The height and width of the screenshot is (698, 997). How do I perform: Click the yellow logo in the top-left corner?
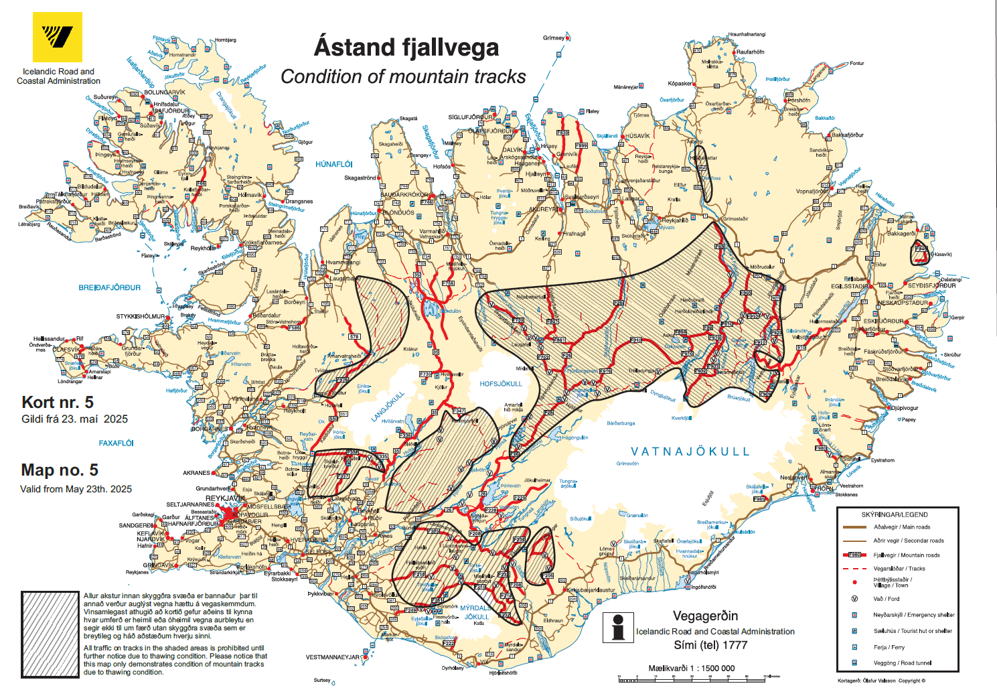(x=58, y=37)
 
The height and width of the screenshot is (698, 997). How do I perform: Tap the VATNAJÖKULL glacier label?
(x=690, y=451)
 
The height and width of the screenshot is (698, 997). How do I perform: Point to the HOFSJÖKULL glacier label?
(x=500, y=384)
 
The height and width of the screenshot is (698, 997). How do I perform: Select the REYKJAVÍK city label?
(x=225, y=498)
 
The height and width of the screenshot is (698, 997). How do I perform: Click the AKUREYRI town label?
(x=543, y=209)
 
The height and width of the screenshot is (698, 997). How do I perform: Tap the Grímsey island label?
(x=554, y=38)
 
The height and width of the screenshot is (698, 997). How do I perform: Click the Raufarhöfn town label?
(x=750, y=52)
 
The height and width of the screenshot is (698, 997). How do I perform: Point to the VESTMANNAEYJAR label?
(x=333, y=657)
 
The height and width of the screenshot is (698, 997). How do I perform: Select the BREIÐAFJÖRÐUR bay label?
(x=110, y=287)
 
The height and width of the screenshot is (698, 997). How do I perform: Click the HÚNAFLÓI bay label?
(x=333, y=164)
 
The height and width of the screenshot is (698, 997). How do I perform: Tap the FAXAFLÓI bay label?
(x=116, y=443)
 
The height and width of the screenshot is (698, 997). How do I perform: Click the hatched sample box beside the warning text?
(x=50, y=634)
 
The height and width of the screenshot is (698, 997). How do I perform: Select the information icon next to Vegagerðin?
(x=618, y=627)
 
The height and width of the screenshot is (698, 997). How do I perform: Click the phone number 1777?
(x=735, y=645)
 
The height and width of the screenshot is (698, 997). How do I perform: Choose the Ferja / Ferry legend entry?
(x=889, y=647)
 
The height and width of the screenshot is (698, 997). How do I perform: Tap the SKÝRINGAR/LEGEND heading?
(x=894, y=514)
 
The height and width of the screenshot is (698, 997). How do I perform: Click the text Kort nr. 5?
(x=58, y=402)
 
